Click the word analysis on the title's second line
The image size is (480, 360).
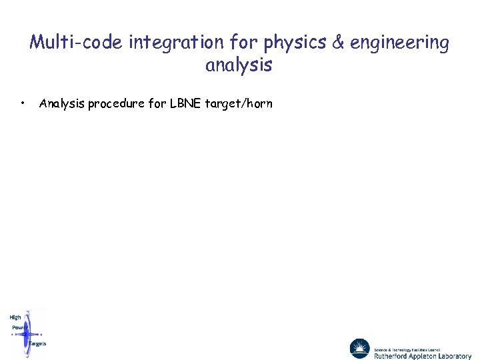click(239, 65)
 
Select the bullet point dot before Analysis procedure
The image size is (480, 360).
click(23, 103)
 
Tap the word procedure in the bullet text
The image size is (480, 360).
click(116, 103)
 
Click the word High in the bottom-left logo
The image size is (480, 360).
click(15, 317)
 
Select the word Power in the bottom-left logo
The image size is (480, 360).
click(20, 327)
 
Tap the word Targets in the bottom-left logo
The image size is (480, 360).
click(37, 343)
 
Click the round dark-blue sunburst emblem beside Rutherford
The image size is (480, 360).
click(359, 349)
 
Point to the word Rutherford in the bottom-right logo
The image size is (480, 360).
click(392, 356)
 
